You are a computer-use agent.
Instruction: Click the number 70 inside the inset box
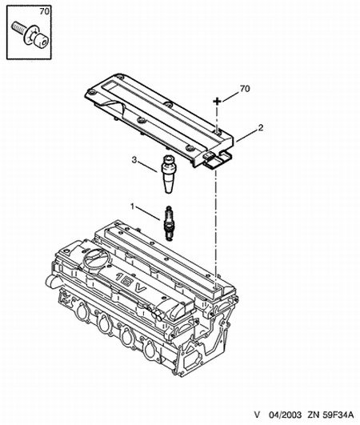click(45, 11)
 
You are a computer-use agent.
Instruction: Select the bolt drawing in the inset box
click(30, 35)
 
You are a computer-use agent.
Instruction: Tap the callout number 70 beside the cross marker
click(245, 89)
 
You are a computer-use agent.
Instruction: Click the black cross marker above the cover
click(217, 102)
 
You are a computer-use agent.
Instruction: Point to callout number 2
click(261, 127)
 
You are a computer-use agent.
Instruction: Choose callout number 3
click(134, 160)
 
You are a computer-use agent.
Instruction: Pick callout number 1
click(133, 206)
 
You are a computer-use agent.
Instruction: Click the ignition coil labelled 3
click(169, 174)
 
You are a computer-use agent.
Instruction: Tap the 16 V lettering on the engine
click(131, 284)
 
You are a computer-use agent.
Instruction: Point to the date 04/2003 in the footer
click(285, 415)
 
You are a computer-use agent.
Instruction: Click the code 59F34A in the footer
click(338, 415)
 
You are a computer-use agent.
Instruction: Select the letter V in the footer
click(257, 415)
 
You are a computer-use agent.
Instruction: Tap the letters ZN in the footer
click(313, 415)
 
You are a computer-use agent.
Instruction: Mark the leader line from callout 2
click(247, 136)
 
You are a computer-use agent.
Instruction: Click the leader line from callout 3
click(148, 167)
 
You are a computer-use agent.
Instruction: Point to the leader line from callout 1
click(148, 214)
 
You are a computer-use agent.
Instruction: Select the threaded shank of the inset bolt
click(18, 27)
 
